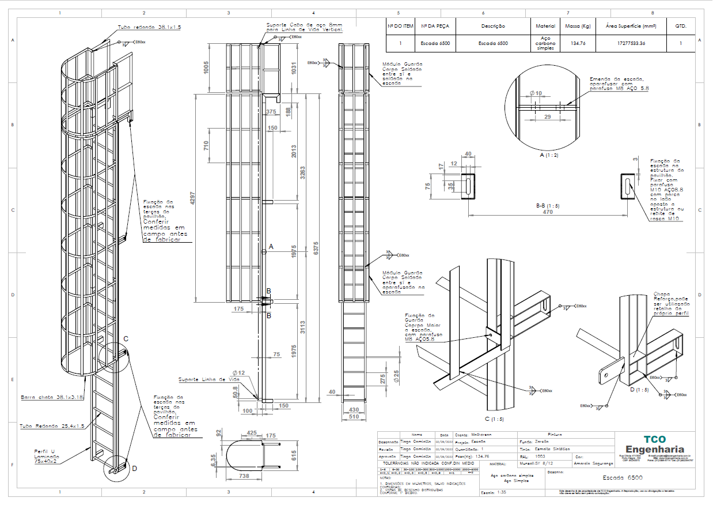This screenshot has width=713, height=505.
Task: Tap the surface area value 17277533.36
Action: [x=631, y=43]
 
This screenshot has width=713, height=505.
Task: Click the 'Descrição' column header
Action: [x=493, y=26]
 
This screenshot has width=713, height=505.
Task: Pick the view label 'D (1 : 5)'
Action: [x=639, y=390]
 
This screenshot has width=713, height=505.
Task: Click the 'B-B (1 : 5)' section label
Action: [x=548, y=205]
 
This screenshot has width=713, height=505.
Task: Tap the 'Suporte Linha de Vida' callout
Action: [x=208, y=379]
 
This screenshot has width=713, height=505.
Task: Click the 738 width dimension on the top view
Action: [x=244, y=476]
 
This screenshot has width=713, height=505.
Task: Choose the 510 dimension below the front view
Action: [x=354, y=416]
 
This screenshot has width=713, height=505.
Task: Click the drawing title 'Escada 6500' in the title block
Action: [x=622, y=478]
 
